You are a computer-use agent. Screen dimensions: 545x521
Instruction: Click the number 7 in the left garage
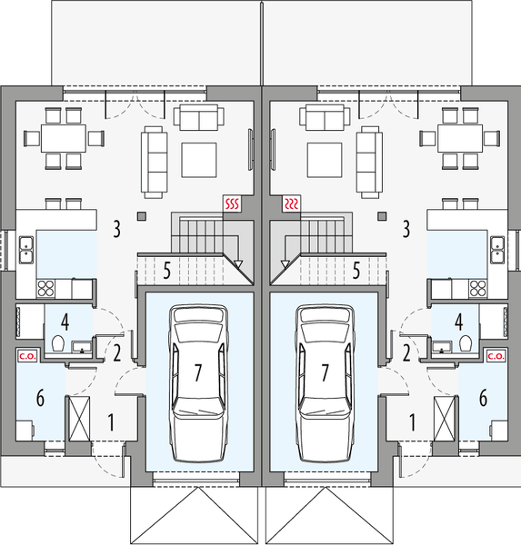(197, 372)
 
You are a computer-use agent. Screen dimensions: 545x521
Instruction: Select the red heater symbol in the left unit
(232, 203)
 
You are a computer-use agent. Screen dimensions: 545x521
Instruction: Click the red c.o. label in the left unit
(25, 357)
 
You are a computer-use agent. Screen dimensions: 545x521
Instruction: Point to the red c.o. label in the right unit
(496, 357)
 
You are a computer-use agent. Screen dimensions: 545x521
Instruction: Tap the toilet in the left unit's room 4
(59, 344)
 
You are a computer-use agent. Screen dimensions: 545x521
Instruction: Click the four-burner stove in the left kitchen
(46, 289)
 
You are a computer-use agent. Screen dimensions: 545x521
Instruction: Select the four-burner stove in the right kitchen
(476, 289)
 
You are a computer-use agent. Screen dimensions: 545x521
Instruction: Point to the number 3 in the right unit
(406, 227)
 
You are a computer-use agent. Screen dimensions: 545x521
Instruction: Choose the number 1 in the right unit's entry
(414, 421)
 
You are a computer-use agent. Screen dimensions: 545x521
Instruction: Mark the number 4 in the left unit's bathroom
(65, 321)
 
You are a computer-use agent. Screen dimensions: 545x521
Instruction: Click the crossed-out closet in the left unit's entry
(78, 419)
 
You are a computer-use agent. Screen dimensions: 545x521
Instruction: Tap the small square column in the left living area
(142, 216)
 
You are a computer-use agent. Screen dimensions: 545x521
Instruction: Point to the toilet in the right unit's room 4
(463, 344)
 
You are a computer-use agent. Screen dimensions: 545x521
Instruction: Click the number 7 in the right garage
(325, 372)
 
